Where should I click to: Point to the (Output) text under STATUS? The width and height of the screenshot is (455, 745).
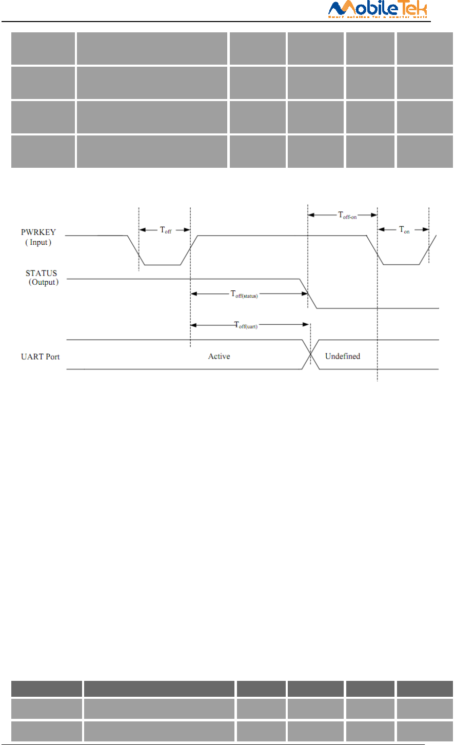[43, 282]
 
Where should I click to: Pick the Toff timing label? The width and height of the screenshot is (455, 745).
[165, 230]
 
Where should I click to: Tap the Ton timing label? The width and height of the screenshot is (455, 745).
[404, 230]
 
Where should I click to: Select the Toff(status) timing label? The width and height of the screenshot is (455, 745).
[244, 295]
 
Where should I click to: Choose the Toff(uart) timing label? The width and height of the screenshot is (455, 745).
[246, 325]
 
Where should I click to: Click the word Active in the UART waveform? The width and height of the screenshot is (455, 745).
[219, 356]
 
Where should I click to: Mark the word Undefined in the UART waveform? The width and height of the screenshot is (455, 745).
[343, 356]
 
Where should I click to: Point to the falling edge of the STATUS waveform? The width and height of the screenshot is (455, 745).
[308, 293]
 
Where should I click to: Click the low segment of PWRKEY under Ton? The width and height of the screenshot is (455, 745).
[401, 265]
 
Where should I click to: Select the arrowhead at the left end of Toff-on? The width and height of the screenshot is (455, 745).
[310, 215]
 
